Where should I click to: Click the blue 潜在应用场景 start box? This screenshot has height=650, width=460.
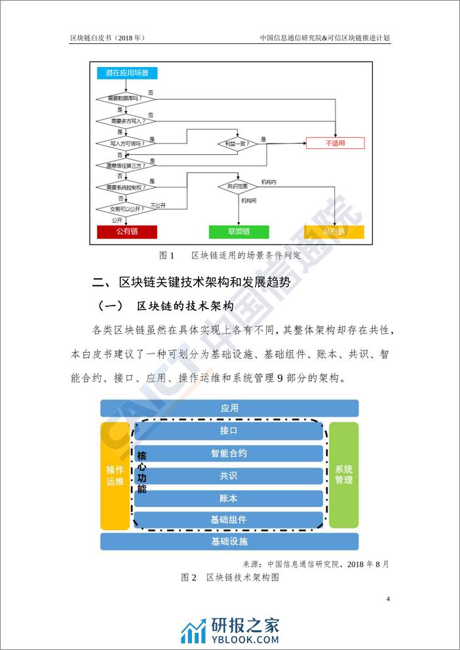coord(127,73)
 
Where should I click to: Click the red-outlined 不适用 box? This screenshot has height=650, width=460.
coord(335,143)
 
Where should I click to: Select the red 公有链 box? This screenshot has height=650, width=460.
coord(127,232)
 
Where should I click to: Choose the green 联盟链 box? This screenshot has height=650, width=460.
coord(239,232)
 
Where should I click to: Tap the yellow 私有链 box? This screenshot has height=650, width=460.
coord(334,232)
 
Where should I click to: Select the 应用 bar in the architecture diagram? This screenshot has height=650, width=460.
coord(229,408)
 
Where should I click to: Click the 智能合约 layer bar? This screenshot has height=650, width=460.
coord(229,453)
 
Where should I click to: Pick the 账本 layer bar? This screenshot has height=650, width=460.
coord(229,498)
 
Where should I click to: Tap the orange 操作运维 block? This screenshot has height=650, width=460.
coord(115,475)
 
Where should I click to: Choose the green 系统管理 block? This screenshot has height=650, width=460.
coord(343,475)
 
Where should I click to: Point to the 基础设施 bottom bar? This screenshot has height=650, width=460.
coord(229,542)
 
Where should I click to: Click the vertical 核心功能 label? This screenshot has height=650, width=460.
coord(142,472)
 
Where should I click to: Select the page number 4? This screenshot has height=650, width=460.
coord(388,599)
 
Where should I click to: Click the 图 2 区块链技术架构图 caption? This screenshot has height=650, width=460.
coord(230,578)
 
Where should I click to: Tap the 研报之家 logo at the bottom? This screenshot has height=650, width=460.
coord(230,630)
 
